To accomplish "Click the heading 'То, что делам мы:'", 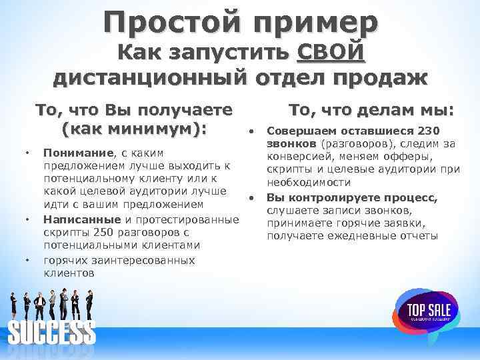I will (x=371, y=111).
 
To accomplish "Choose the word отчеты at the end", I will (x=414, y=236).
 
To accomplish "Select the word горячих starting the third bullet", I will (x=66, y=260).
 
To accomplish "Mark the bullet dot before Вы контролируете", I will (x=251, y=197).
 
